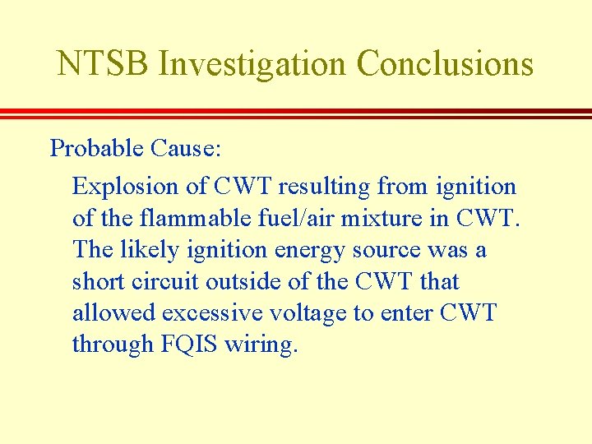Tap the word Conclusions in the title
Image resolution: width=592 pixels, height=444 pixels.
point(445,63)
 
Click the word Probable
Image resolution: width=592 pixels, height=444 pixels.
point(97,149)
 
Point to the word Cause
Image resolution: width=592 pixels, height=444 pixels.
point(185,149)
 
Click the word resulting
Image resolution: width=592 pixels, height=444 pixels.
point(324,187)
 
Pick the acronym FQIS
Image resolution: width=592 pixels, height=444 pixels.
point(192,344)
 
